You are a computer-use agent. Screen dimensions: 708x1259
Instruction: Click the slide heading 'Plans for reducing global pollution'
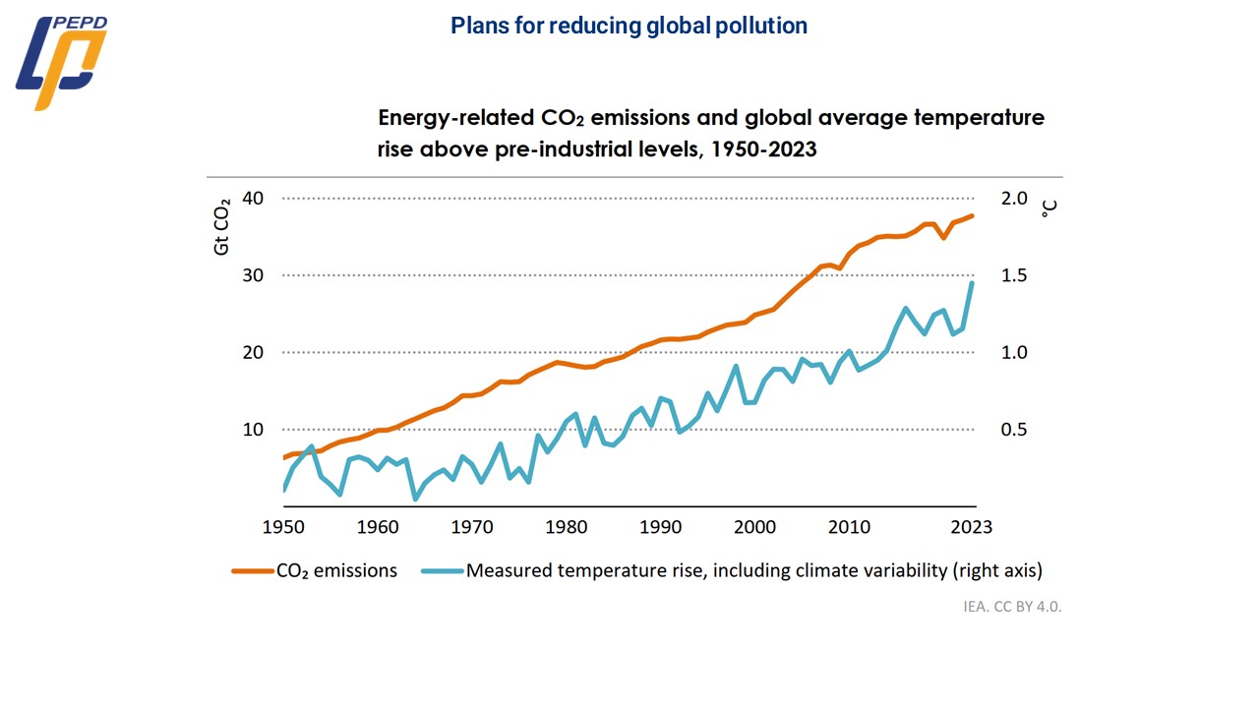[629, 27]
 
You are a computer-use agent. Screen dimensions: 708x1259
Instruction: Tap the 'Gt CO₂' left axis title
[222, 226]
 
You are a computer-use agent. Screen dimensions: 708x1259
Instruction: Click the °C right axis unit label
[1049, 207]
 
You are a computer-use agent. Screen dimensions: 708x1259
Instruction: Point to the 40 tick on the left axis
[253, 199]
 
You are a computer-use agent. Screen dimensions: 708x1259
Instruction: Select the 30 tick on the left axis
[253, 275]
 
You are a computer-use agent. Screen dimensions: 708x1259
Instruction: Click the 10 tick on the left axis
[253, 430]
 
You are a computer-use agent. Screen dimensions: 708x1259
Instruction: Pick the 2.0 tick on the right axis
[1014, 199]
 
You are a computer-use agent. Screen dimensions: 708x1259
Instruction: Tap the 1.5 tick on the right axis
[1014, 275]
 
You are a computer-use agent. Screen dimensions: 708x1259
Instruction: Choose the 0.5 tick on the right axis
[1014, 430]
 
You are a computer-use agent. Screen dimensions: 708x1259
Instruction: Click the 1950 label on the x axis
[283, 527]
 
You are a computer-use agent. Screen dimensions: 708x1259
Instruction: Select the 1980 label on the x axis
[567, 527]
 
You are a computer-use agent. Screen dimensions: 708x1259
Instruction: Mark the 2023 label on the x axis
[971, 527]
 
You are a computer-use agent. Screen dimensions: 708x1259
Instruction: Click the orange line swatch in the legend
[252, 570]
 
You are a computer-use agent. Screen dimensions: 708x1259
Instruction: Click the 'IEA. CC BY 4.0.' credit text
[1012, 606]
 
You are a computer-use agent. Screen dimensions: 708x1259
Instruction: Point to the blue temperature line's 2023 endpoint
[973, 283]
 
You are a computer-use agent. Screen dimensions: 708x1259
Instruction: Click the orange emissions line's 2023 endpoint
[973, 215]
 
